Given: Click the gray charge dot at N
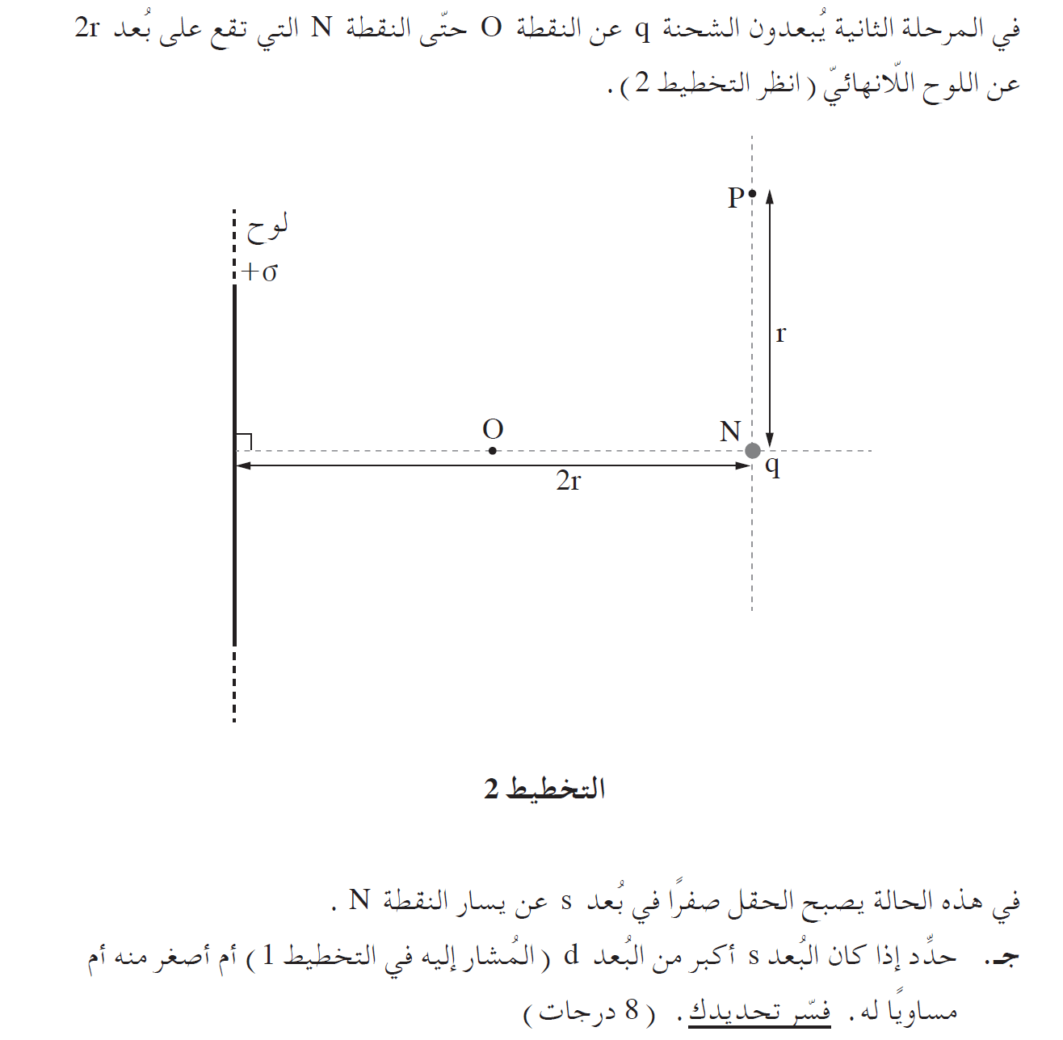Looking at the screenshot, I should tap(753, 451).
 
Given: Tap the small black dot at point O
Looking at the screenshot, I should tap(493, 451).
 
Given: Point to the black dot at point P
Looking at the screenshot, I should tap(752, 193).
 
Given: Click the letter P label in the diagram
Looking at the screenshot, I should tap(735, 198).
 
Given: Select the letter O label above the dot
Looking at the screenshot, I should tap(493, 430).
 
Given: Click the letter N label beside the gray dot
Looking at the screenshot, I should tap(730, 432).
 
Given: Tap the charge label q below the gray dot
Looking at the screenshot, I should tap(773, 466).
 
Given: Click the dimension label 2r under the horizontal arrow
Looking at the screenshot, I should tap(569, 482).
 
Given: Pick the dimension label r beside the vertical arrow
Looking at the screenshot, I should tap(780, 333).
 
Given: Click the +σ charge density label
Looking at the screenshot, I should tap(260, 272).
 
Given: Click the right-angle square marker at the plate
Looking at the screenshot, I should tap(244, 442).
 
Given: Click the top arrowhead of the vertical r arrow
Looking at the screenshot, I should tap(770, 196).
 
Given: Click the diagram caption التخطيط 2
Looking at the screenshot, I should tap(545, 789).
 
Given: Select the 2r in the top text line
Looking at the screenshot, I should tap(87, 28).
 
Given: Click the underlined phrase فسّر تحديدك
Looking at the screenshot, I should tap(759, 1011).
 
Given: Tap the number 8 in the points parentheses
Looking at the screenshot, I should tap(631, 1010).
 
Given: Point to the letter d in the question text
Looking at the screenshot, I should tap(571, 957).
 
